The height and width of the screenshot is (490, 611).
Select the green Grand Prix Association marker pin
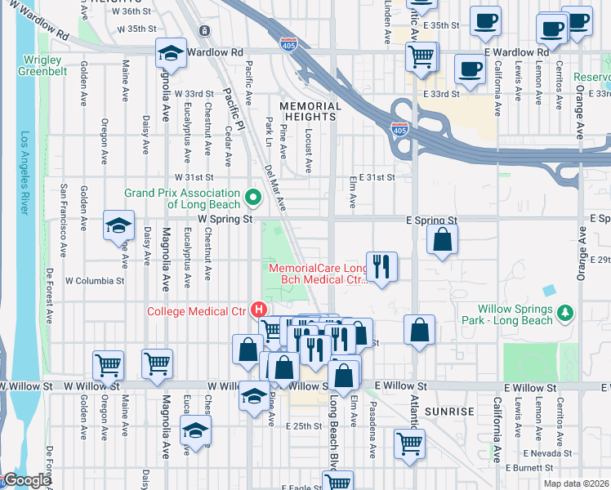click(x=253, y=197)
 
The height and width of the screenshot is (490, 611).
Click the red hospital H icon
click(x=260, y=310)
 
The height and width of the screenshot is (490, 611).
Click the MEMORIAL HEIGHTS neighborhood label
click(x=310, y=112)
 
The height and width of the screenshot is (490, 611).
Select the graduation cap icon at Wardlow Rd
click(x=171, y=53)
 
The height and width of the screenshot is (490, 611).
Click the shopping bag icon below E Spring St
click(x=442, y=239)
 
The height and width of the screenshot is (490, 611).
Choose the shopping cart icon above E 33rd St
click(x=421, y=56)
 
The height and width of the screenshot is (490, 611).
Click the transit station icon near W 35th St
click(x=203, y=30)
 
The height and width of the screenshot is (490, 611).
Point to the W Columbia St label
click(x=95, y=280)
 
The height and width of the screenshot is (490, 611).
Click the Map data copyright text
click(x=578, y=483)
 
